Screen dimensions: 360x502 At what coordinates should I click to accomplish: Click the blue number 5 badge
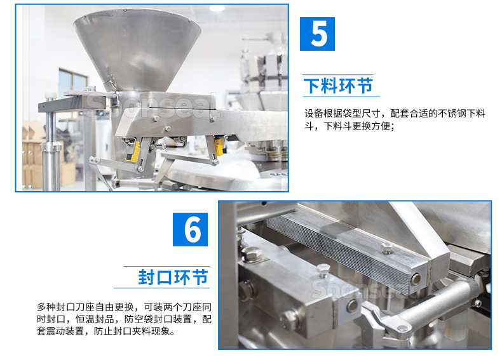(319, 34)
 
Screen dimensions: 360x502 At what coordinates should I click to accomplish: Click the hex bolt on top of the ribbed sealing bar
(385, 247)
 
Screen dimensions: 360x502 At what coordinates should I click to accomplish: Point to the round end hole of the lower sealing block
(352, 305)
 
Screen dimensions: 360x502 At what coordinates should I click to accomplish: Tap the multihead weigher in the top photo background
(264, 73)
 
